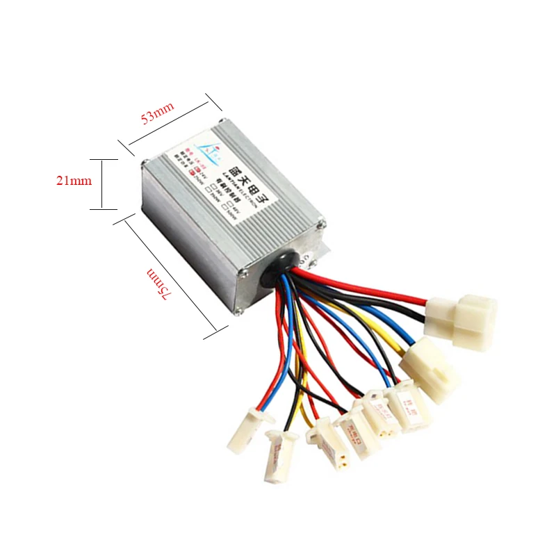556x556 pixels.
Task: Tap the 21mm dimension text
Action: [74, 181]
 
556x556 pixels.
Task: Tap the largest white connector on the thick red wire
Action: [462, 318]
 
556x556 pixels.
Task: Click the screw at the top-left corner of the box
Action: [144, 165]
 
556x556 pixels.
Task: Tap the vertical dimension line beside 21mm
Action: [102, 183]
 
